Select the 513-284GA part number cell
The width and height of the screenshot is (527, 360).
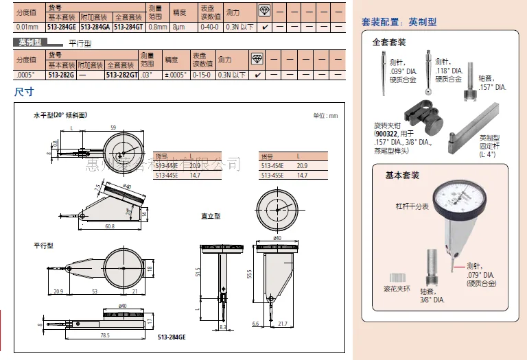pos(95,27)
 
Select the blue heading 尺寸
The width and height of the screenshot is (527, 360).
pos(25,91)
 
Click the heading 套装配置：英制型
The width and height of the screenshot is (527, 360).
pos(399,22)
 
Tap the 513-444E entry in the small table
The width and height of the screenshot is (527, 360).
pos(167,165)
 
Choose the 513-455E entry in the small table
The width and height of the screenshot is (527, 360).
pos(272,175)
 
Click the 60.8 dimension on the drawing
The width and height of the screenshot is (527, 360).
pos(110,226)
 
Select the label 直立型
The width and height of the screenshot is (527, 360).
pos(210,216)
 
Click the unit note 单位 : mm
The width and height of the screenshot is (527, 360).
pos(325,116)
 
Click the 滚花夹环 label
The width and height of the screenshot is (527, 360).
pos(397,289)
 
